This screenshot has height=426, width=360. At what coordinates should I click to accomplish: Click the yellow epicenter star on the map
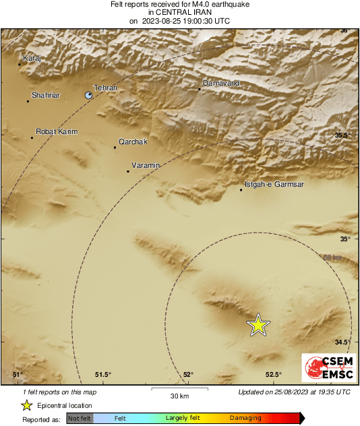click(x=258, y=325)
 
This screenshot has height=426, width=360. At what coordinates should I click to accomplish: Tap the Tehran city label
click(x=105, y=88)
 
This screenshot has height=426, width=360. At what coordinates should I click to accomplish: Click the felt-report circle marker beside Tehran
click(x=89, y=96)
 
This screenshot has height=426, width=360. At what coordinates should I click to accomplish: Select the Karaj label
click(x=32, y=59)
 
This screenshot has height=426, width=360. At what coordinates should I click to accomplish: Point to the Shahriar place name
click(x=46, y=96)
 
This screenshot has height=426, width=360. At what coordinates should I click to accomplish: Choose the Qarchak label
click(x=132, y=142)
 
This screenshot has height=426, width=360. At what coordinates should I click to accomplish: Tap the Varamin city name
click(x=146, y=165)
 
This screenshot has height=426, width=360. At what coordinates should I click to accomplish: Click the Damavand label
click(x=221, y=84)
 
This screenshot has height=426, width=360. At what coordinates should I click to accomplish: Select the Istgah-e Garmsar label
click(x=270, y=184)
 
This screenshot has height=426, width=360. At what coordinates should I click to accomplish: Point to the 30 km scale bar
click(x=179, y=389)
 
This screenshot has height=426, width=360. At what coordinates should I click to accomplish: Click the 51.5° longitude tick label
click(x=102, y=375)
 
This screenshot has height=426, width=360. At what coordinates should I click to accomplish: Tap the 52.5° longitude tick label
click(x=273, y=375)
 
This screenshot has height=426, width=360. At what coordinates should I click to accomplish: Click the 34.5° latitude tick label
click(x=344, y=342)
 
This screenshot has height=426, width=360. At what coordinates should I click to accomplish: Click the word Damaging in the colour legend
click(x=245, y=418)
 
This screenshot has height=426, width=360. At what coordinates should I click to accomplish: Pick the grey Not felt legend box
click(x=80, y=418)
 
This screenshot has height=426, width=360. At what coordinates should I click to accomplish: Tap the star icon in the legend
click(x=26, y=405)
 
